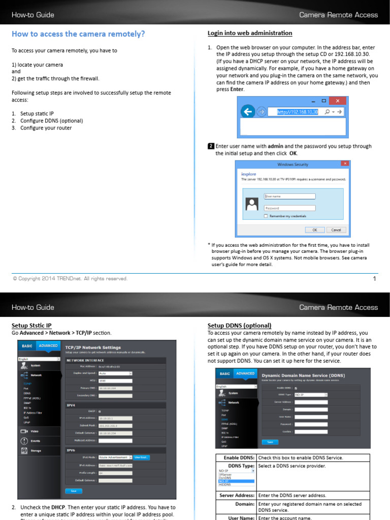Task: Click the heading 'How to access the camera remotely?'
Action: coord(78,34)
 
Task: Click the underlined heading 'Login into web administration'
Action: coord(250,34)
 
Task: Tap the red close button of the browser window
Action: coord(337,101)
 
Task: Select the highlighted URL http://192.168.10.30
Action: coord(297,112)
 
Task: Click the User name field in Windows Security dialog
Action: coord(289,196)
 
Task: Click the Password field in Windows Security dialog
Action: coord(289,208)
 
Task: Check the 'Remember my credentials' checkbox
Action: coord(266,216)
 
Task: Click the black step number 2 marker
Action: coord(211,146)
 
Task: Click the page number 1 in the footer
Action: coord(374,278)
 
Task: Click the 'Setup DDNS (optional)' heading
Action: coord(239,326)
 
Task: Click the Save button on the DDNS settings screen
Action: coord(270,442)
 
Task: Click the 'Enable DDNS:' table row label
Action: coord(238,458)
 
